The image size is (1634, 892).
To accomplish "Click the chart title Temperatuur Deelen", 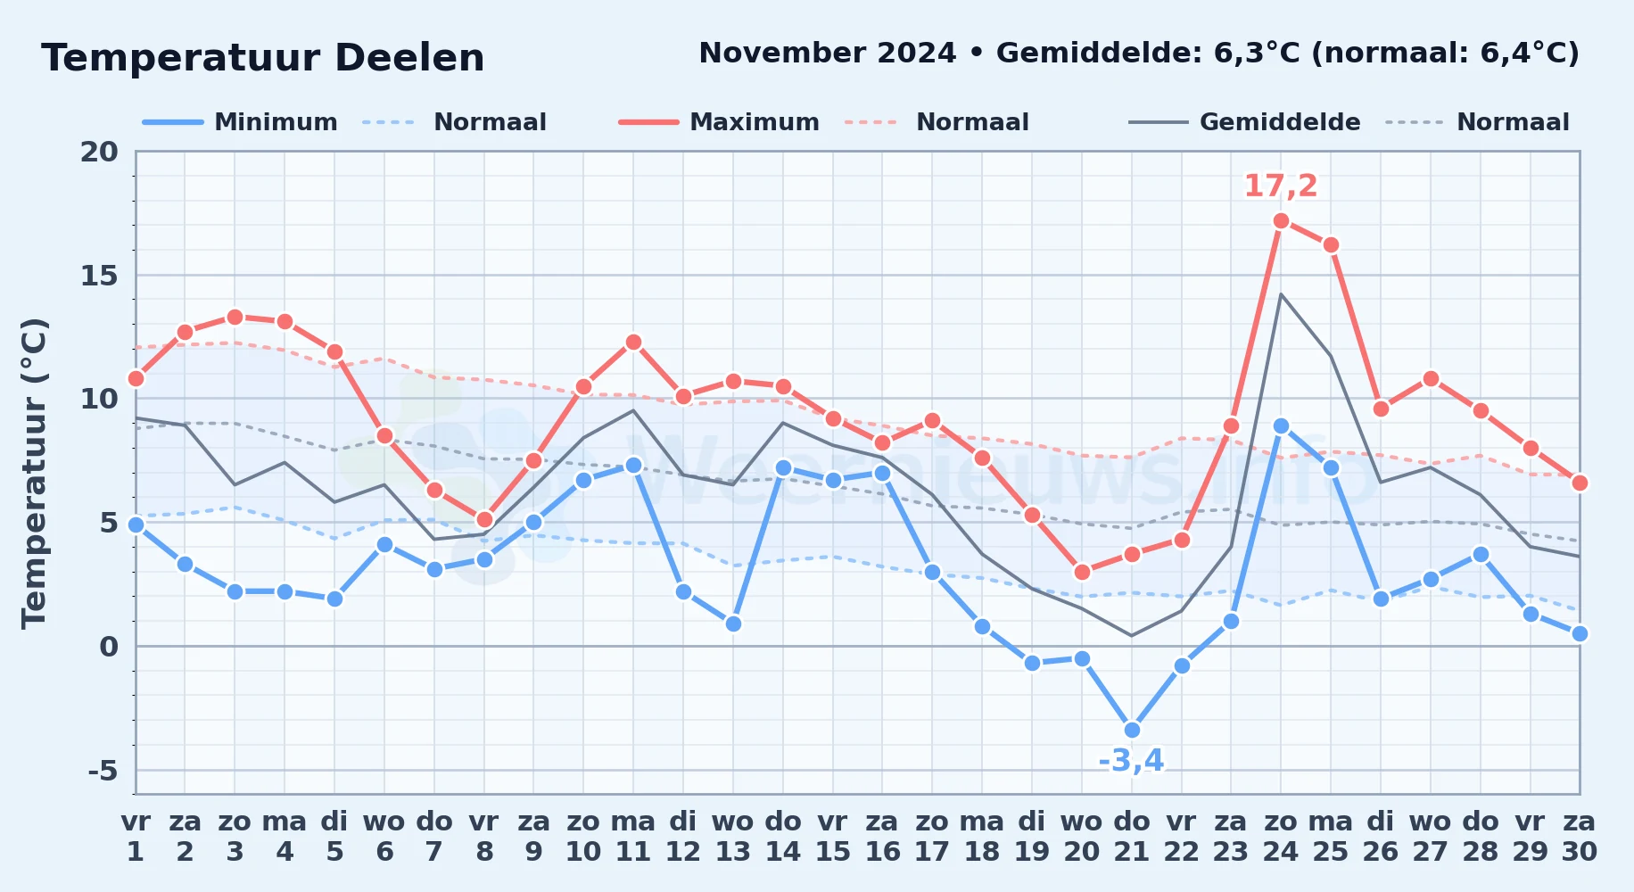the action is tap(263, 58).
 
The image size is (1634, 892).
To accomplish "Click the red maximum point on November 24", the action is tap(1281, 220).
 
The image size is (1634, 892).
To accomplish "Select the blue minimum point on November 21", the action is tap(1132, 730).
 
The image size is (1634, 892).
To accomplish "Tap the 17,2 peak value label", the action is tap(1281, 186).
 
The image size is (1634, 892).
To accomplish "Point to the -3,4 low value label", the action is tap(1131, 761).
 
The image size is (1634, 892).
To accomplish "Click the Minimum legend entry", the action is tap(240, 122).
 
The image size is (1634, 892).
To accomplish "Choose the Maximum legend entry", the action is tap(719, 122).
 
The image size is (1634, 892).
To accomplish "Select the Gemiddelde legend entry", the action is tap(1245, 122).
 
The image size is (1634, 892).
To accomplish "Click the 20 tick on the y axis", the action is tap(99, 152).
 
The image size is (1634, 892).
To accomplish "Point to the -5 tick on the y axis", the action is tap(103, 770).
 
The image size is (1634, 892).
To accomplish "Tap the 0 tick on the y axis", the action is tap(109, 646).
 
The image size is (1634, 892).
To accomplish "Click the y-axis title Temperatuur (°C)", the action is tap(34, 473).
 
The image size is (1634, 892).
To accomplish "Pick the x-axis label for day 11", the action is tap(633, 837).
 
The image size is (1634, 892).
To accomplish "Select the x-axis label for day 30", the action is tap(1579, 837).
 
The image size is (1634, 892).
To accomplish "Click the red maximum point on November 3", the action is tap(235, 317).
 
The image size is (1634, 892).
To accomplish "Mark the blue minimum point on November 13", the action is tap(733, 624).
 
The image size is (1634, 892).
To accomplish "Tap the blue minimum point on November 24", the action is tap(1281, 425).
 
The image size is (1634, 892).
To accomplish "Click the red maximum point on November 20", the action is tap(1082, 572).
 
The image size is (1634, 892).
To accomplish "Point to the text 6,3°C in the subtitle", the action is tap(1257, 54).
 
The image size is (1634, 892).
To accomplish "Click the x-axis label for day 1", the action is tap(136, 837).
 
